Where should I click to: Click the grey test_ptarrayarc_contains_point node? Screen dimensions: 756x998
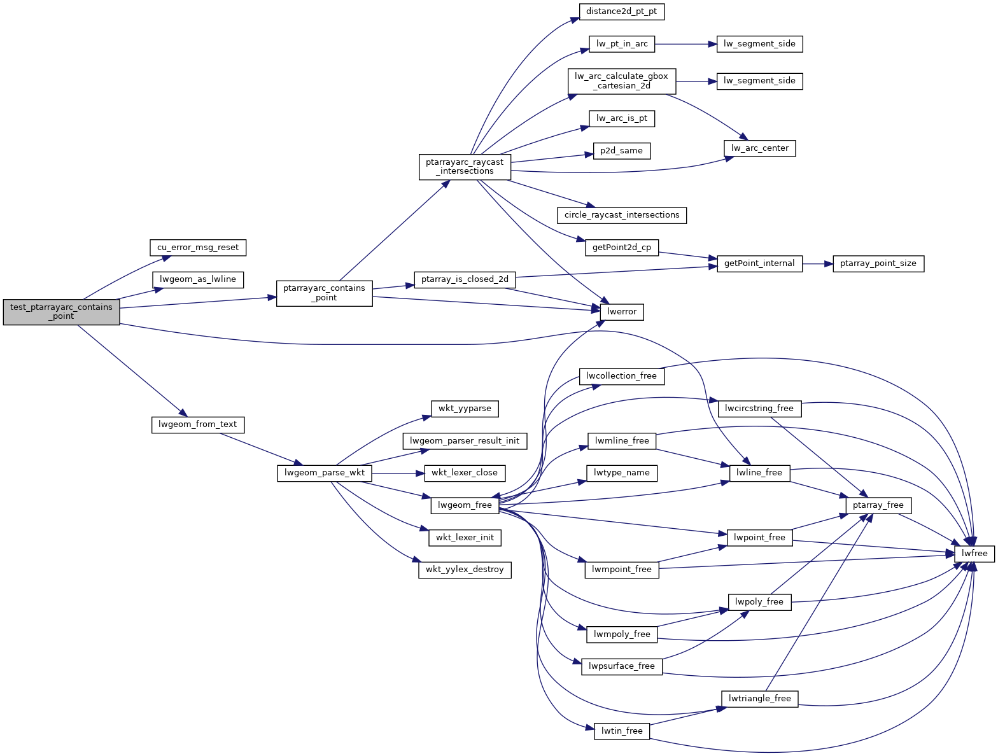pos(61,312)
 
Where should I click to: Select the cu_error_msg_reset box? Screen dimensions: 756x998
pos(197,248)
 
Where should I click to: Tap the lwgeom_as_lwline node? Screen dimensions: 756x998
pos(197,279)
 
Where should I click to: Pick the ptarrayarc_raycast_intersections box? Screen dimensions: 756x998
pos(465,167)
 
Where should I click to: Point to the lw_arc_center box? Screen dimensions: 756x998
pos(759,148)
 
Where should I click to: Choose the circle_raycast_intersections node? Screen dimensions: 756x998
pos(621,215)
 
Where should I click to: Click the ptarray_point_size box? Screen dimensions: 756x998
pos(878,263)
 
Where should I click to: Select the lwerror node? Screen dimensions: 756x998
pos(622,312)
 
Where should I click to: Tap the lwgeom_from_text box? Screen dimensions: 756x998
pos(197,424)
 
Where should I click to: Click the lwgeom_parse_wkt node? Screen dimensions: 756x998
pos(324,473)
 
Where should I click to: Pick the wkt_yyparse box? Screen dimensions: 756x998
pos(464,409)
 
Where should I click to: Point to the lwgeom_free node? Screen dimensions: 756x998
pos(465,505)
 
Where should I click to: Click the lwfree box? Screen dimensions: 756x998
pos(974,554)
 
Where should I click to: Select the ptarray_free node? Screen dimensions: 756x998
pos(878,505)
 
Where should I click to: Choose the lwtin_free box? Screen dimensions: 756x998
pos(622,731)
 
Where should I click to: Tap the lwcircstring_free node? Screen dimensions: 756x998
pos(759,409)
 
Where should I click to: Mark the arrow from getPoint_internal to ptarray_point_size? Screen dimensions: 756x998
pos(817,263)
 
